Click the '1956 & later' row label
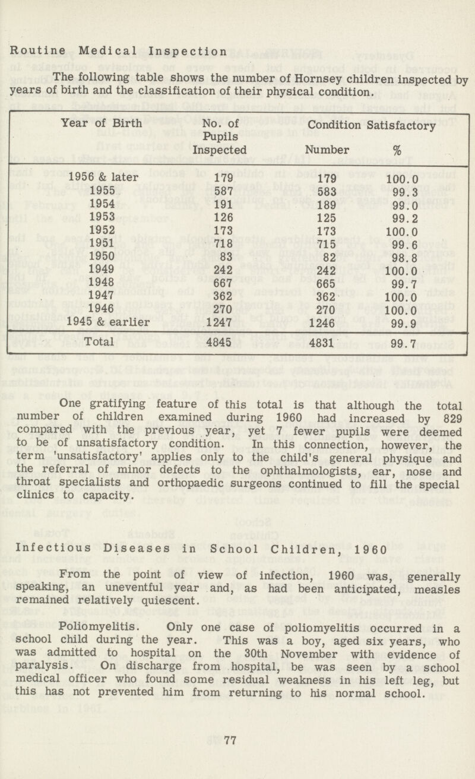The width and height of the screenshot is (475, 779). pos(104,176)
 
